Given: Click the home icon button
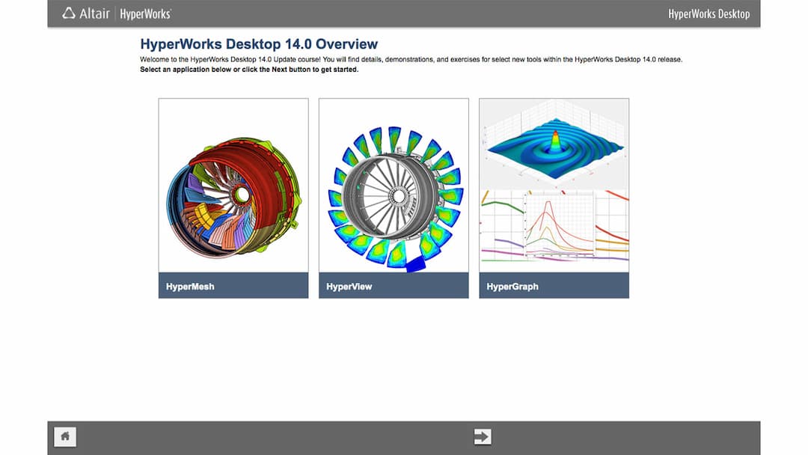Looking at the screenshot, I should tap(65, 436).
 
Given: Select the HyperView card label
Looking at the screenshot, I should tap(349, 286).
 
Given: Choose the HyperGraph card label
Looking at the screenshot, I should tap(512, 286).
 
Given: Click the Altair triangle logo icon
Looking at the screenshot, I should tap(69, 13).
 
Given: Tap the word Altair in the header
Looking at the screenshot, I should tap(95, 13).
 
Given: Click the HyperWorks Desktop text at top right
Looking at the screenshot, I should tap(708, 13).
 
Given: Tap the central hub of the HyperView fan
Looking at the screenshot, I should tap(398, 196).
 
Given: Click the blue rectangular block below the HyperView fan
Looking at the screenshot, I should tap(415, 263).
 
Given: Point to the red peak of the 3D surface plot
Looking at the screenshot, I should tap(555, 140).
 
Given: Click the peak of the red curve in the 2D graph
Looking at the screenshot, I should tap(550, 204).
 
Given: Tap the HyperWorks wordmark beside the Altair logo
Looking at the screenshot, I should tap(145, 13).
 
